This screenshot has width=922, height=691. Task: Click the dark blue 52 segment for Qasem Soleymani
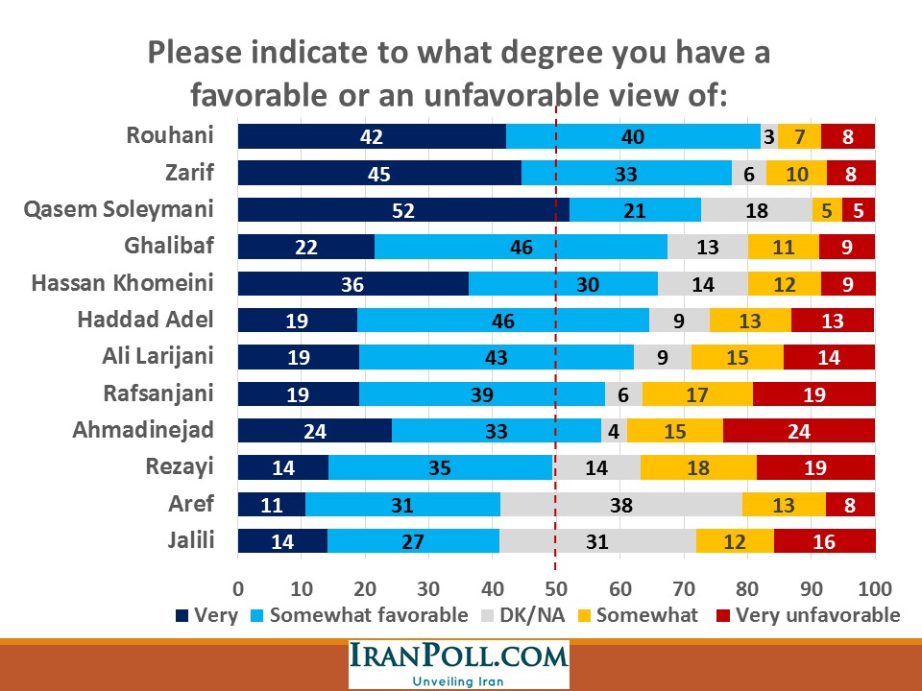[x=402, y=210]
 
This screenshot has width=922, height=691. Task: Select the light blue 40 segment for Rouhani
[x=632, y=136]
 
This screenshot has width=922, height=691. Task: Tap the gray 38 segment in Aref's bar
[x=620, y=505]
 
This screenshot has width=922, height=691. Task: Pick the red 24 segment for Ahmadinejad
[x=798, y=431]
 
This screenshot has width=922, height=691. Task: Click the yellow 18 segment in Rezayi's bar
[x=697, y=467]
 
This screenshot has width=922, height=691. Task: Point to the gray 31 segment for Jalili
[x=597, y=541]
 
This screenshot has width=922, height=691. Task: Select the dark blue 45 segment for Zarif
[x=379, y=173]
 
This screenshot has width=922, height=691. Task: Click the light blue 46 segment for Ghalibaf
[x=521, y=247]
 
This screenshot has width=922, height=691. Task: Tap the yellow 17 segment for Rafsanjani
[x=697, y=394]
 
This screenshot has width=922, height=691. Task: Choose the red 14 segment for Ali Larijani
[x=829, y=357]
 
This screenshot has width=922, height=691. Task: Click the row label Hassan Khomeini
[x=121, y=283]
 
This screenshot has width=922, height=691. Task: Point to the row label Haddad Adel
[x=145, y=320]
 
